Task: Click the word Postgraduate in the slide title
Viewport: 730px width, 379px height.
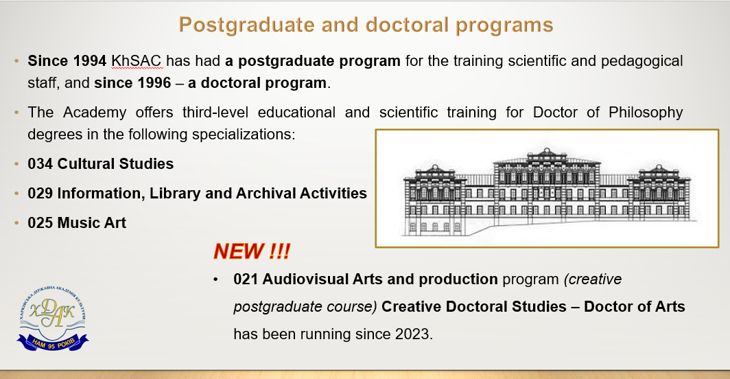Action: tap(247, 25)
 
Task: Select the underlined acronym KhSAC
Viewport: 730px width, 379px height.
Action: tap(136, 61)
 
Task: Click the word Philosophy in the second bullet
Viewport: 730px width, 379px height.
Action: tap(646, 113)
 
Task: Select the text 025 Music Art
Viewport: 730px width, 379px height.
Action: tap(77, 223)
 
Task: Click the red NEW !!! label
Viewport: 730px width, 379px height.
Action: tap(252, 251)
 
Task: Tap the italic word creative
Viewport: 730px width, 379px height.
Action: tap(593, 279)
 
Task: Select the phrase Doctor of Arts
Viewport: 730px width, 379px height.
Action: tap(635, 307)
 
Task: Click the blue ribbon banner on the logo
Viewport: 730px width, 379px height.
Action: tap(53, 343)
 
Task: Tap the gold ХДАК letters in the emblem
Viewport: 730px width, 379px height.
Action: tap(52, 312)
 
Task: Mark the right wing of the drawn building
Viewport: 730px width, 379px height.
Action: tap(665, 194)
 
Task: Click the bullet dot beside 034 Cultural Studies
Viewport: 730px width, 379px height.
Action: tap(16, 164)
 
